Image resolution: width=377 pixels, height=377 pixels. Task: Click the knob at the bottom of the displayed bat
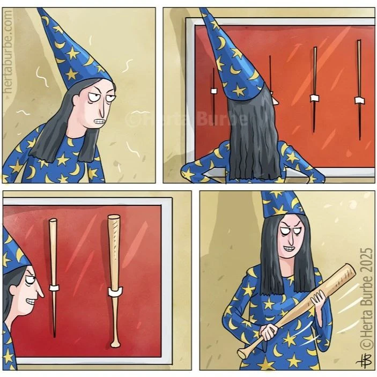coord(115,344)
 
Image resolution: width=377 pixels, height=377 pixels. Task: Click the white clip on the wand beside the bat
coord(54,287)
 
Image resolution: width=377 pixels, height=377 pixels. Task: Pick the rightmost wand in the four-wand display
coord(359,90)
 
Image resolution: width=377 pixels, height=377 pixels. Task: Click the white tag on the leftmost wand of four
coord(214,91)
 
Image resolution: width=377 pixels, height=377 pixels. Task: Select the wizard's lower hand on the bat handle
coord(269,332)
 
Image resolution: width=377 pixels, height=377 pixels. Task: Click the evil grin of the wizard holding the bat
coord(289,248)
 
